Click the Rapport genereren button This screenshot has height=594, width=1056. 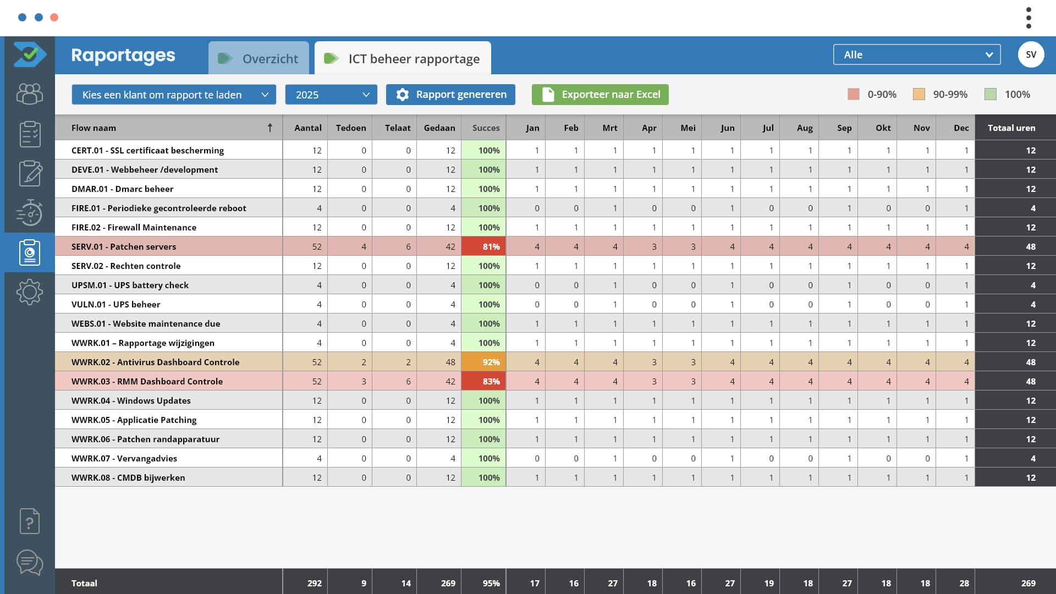[450, 95]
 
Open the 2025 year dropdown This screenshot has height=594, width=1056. [331, 95]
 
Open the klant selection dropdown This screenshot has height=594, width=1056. [173, 95]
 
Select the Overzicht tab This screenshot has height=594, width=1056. [258, 58]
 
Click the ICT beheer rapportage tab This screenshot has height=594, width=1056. [403, 58]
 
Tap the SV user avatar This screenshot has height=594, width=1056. [1031, 54]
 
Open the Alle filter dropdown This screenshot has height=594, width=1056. [916, 54]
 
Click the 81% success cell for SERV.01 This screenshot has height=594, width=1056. [483, 246]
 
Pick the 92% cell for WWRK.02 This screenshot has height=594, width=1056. [483, 362]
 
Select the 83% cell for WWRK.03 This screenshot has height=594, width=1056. [483, 381]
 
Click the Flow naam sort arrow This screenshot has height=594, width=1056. [270, 128]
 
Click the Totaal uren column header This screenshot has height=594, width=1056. [1011, 128]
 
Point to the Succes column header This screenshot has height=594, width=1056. [486, 128]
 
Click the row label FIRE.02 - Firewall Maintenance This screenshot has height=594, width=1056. [134, 227]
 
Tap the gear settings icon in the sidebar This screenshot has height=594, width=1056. [30, 292]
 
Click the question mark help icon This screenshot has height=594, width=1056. [30, 521]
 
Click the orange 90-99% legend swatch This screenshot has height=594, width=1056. [919, 94]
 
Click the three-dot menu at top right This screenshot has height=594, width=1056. [1028, 18]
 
